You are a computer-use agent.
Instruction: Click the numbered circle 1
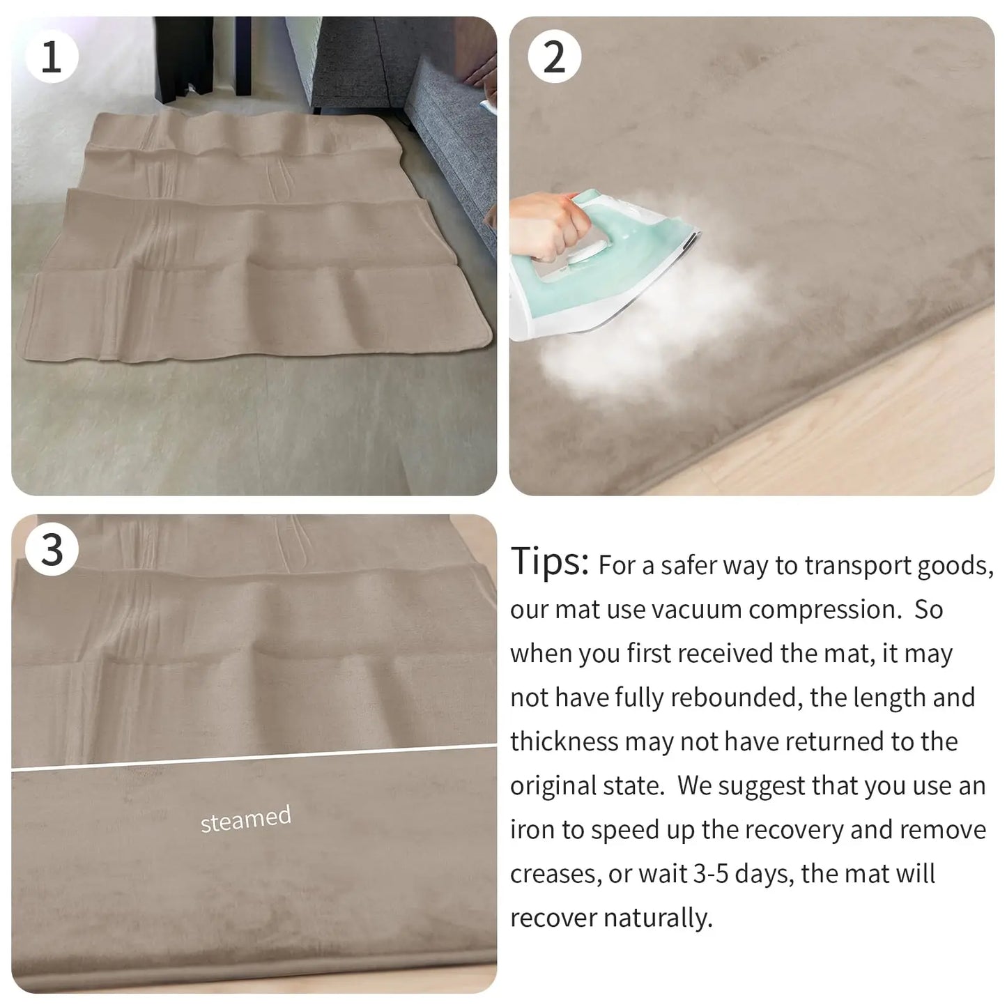click(52, 56)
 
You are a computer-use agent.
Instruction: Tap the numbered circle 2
click(554, 56)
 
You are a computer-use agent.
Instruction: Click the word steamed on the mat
click(245, 819)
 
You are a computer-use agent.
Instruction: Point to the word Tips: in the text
click(550, 561)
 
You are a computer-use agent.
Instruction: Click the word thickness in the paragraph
click(564, 741)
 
